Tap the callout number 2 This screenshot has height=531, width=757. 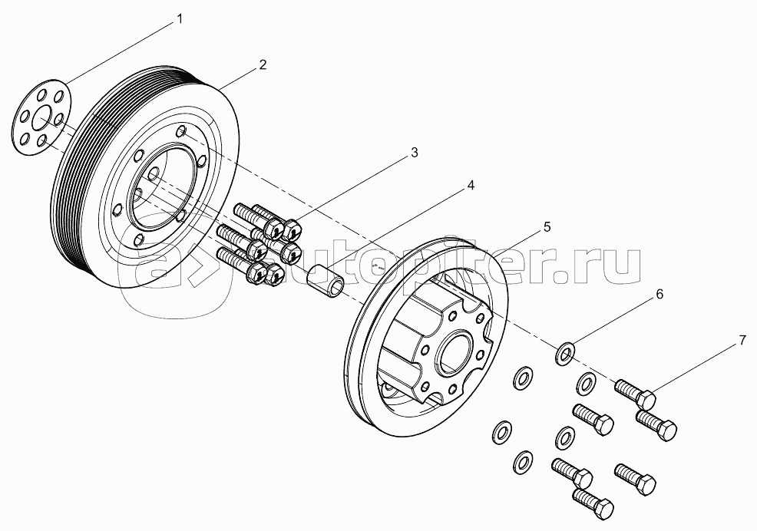pos(263,64)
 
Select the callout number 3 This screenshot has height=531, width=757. pos(414,153)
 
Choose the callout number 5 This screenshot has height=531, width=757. pos(547,226)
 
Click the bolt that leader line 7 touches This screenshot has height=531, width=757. pos(635,393)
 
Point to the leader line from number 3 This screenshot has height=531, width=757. pos(353,188)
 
